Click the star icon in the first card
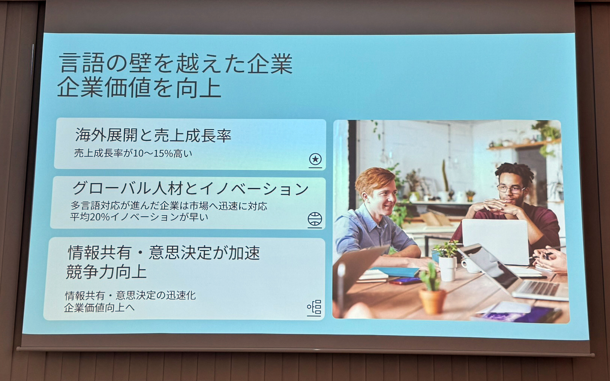pos(315,160)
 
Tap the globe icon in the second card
pos(315,219)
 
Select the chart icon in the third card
pos(314,308)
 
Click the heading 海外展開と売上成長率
pos(153,135)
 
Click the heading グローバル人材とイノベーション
pos(190,188)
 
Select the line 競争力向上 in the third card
pos(106,272)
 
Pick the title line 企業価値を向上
pos(139,88)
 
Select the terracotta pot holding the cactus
pos(432,300)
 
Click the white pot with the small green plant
pos(447,268)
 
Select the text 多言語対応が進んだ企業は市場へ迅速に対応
pos(169,206)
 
